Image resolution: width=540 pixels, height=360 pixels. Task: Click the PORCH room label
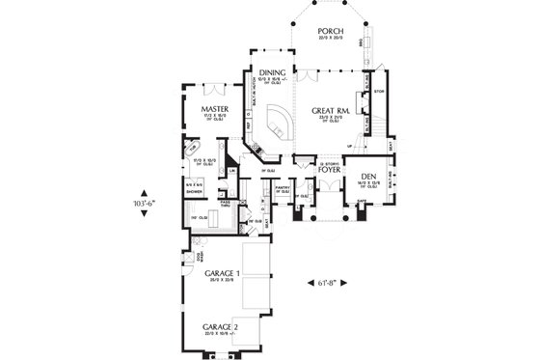(x=330, y=29)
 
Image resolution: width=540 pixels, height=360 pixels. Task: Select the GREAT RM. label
(x=330, y=111)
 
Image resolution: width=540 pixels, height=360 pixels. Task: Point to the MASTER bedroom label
(x=214, y=110)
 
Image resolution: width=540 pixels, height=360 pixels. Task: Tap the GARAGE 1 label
(x=222, y=274)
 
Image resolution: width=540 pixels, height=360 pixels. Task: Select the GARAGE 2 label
(x=222, y=327)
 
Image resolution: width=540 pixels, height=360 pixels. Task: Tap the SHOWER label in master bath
(x=193, y=191)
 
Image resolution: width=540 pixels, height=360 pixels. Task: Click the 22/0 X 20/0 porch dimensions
(x=330, y=37)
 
